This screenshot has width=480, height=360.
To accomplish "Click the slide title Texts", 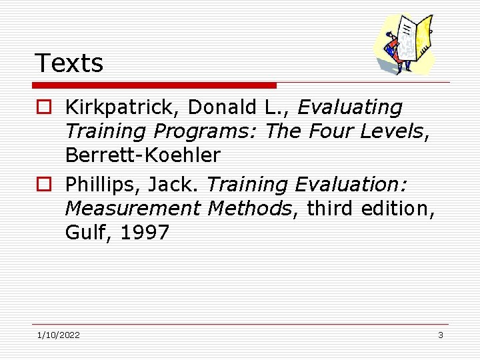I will click(69, 63).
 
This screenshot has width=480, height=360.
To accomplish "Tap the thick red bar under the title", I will click(155, 85).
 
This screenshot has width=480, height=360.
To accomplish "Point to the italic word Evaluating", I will click(350, 107).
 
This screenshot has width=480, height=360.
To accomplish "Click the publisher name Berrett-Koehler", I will click(142, 155).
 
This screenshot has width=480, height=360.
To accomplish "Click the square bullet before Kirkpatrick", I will click(43, 108).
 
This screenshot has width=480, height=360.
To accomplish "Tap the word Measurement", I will click(133, 209).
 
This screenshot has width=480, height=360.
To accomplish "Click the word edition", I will click(399, 209).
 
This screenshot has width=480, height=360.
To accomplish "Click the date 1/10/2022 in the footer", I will click(59, 335).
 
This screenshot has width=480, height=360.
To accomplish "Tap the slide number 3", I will click(440, 335).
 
